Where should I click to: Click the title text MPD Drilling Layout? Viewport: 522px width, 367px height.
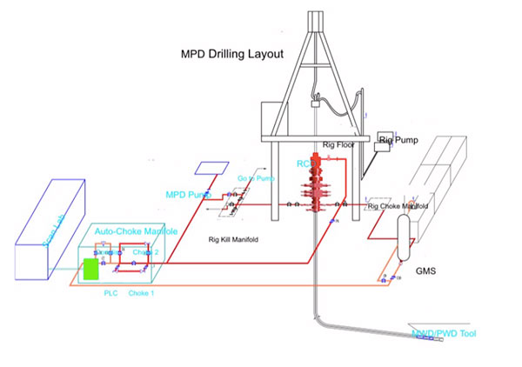pos(231,55)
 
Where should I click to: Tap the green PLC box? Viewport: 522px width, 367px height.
pos(90,269)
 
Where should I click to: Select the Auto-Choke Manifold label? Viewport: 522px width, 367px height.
pos(137,232)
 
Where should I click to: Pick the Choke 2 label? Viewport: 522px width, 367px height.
pos(145,252)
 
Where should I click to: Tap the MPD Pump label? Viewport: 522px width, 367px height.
pos(189,194)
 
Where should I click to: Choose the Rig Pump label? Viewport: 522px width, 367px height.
pos(398,138)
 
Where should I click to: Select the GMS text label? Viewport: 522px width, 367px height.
pos(425,271)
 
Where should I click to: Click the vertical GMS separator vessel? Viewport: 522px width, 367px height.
pos(404,235)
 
